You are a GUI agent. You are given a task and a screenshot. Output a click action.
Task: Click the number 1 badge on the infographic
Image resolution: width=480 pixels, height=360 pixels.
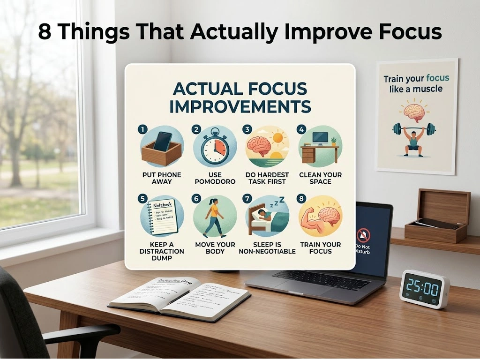pos(142,130)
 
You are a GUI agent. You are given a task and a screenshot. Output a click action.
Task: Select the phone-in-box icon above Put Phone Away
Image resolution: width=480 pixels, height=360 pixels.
pos(161,147)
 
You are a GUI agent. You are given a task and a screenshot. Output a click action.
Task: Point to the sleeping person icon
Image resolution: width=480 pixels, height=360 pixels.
pos(267,217)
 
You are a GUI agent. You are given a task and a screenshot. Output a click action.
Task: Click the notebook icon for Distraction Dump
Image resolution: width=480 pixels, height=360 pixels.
pos(161,217)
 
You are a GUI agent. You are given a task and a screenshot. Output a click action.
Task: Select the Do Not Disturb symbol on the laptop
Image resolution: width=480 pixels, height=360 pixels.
pos(363,234)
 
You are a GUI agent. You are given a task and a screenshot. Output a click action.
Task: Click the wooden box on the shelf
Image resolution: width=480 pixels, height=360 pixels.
pos(437,215)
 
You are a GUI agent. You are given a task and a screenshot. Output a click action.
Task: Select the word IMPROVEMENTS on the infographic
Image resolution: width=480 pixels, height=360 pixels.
pos(240,106)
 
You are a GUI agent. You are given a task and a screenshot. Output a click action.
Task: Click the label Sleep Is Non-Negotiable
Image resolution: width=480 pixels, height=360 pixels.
pos(267,248)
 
